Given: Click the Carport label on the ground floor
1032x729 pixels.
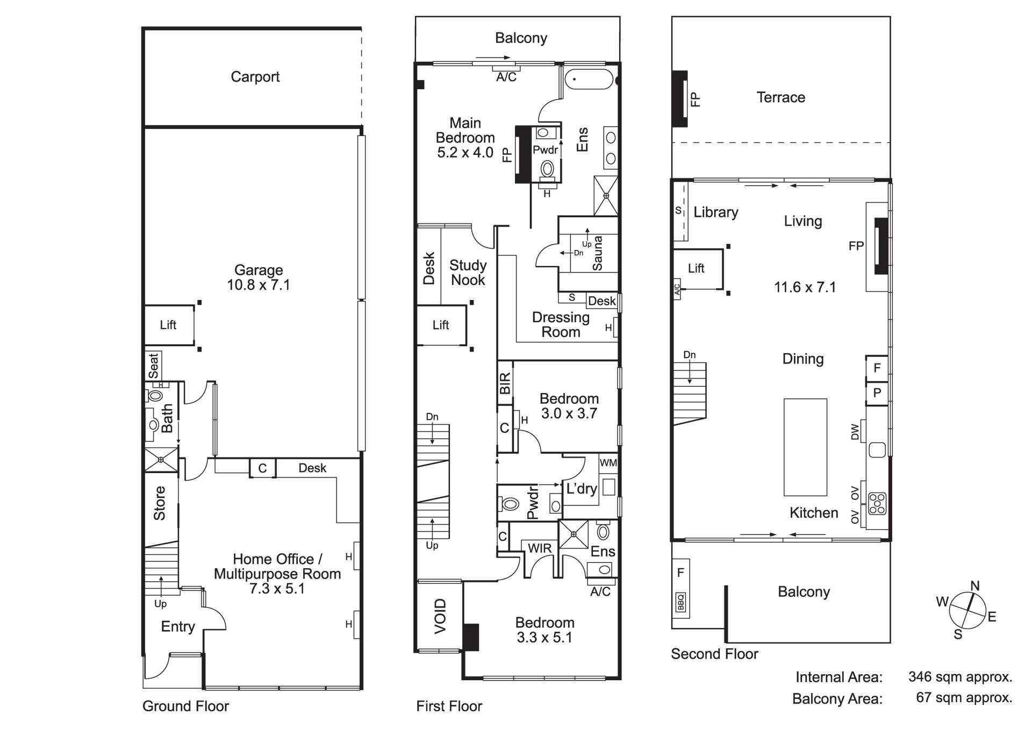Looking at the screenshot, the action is point(255,77).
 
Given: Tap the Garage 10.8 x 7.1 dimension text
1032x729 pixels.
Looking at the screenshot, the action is point(259,285).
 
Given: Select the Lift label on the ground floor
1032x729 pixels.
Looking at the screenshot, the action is point(168,325).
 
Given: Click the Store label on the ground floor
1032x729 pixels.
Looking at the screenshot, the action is point(160,503).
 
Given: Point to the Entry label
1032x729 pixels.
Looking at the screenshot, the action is point(178,627).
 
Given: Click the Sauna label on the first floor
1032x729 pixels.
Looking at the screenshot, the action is point(597,253).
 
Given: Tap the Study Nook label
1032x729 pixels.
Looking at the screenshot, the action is point(468,273).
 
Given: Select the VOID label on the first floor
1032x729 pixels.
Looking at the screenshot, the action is point(440,616).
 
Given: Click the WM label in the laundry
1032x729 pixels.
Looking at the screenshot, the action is point(608,463).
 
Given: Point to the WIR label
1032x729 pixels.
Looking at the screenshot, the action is point(540,548).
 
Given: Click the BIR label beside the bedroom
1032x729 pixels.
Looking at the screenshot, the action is point(505,384).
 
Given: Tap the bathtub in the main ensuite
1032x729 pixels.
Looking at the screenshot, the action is point(589,79).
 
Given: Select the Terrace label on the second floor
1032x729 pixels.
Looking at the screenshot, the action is point(781,97).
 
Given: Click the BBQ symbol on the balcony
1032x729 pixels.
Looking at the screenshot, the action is point(681,602).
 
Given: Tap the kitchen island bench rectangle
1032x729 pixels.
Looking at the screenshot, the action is point(805,447).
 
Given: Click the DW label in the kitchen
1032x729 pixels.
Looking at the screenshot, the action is point(855,432).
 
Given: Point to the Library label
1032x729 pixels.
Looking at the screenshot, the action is point(716,213).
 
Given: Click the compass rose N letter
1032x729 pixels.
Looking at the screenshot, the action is point(975,586).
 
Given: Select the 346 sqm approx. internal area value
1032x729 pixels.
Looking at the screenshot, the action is point(961,677).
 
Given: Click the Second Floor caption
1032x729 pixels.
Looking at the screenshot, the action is point(714,654).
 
